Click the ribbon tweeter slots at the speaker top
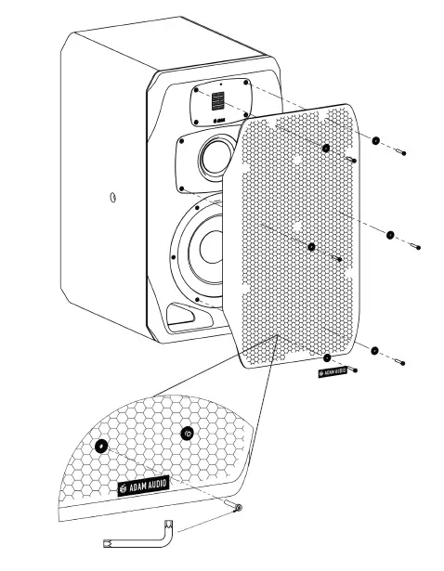click(215, 101)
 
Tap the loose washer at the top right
click(376, 142)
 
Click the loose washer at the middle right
click(390, 235)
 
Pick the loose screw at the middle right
click(414, 245)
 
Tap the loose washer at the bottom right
click(374, 350)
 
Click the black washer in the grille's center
click(312, 247)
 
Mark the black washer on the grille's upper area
click(326, 149)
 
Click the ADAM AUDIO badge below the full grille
click(333, 371)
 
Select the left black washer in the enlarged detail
click(101, 446)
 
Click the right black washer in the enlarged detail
click(187, 433)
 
